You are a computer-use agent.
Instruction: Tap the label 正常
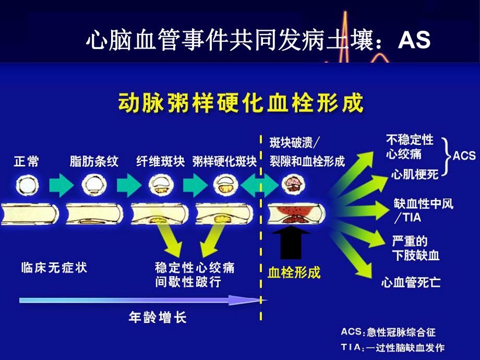(26, 161)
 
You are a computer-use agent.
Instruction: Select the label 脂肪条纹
(94, 161)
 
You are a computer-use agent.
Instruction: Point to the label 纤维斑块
(160, 161)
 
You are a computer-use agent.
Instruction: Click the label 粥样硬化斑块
(224, 161)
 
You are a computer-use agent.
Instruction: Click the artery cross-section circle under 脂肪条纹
(93, 185)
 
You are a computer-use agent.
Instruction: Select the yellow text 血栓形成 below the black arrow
(294, 272)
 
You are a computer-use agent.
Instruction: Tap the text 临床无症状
(54, 268)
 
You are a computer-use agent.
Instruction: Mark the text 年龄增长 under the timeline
(157, 317)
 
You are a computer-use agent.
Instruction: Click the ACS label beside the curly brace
(464, 155)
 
